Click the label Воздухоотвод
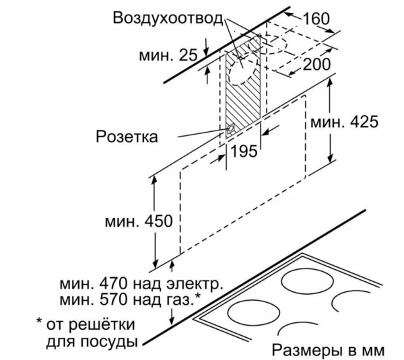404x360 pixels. tap(168, 19)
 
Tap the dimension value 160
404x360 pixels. tap(316, 19)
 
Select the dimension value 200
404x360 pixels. tap(316, 64)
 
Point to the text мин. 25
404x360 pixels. tap(168, 55)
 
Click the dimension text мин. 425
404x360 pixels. tap(344, 122)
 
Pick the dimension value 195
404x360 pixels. tap(244, 151)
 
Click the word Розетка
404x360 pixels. tap(127, 136)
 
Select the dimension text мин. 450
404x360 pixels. tap(139, 221)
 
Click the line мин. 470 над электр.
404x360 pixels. tap(141, 284)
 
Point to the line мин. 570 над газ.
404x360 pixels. tap(130, 299)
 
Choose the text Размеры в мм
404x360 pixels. tap(328, 350)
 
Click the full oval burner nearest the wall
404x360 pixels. tap(308, 283)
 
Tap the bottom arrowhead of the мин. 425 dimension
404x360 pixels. tap(330, 158)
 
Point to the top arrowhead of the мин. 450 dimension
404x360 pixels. tap(154, 180)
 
